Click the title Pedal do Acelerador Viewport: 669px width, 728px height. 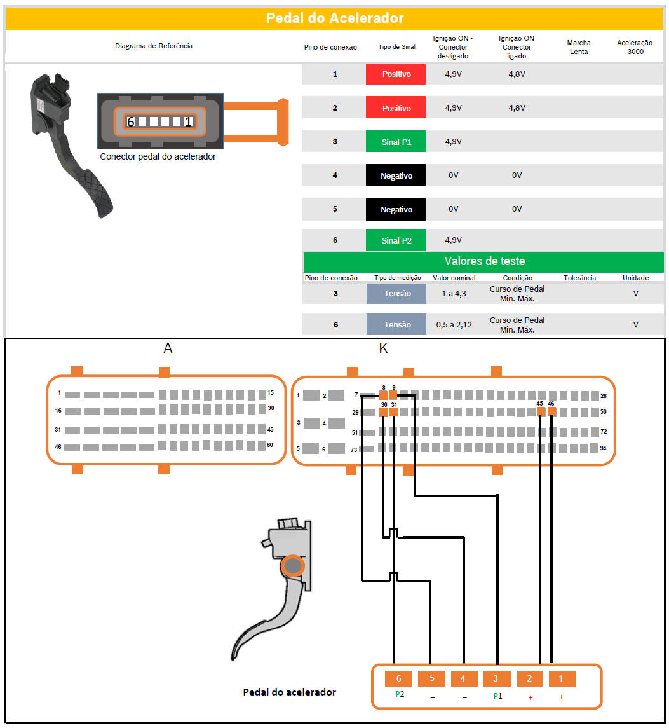coord(334,18)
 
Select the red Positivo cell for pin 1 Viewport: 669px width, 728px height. coord(396,74)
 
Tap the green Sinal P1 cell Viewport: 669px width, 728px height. coord(396,142)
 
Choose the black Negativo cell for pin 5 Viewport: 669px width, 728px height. coord(396,209)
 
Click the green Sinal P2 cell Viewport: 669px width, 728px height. coord(396,240)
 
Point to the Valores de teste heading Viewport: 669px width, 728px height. coord(484,261)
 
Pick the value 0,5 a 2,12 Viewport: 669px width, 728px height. coord(454,324)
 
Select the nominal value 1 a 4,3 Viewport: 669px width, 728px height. coord(454,294)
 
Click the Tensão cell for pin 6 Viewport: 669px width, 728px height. coord(396,324)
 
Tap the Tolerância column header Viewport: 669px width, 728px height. coord(579,278)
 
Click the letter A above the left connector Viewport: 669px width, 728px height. coord(168,348)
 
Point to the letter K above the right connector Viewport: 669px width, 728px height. coord(383,348)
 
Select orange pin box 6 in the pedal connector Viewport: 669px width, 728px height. coord(398,679)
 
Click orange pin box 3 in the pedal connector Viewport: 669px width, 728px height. coord(496,679)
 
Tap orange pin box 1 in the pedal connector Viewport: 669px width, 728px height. coord(562,679)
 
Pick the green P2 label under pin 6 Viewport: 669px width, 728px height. coord(400,694)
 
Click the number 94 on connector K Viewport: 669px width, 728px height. coord(603,448)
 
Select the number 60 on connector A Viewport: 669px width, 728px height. coord(269,445)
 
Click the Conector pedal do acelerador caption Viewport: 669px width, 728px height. coord(158,156)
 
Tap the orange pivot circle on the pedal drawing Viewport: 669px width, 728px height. coord(293,566)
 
